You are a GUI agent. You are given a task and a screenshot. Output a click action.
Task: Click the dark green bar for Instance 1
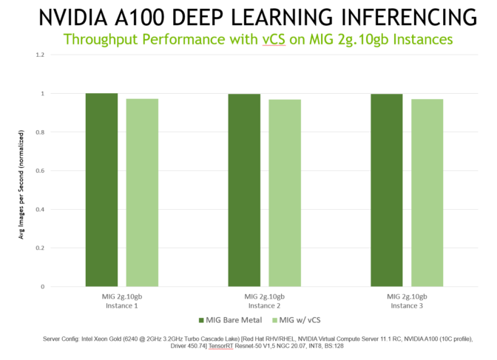(101, 189)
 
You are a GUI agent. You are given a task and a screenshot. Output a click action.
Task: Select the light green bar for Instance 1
(142, 192)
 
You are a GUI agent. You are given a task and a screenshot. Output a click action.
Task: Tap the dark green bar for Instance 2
(244, 190)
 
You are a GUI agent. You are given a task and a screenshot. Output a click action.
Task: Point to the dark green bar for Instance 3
(387, 190)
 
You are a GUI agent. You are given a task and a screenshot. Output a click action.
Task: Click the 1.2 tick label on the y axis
(40, 55)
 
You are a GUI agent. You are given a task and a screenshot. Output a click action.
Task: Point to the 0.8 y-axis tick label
(40, 132)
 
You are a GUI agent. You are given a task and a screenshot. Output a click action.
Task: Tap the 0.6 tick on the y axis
(40, 171)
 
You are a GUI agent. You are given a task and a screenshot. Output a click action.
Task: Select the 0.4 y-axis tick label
(40, 209)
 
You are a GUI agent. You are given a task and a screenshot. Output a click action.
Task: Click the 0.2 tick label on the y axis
(40, 248)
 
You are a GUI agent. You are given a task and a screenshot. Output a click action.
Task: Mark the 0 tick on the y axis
(43, 286)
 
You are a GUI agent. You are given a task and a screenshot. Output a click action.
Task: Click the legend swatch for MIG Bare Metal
(200, 320)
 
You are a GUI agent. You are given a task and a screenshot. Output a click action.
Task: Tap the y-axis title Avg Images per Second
(23, 185)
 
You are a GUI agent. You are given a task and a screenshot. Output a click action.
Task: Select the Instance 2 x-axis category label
(264, 300)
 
